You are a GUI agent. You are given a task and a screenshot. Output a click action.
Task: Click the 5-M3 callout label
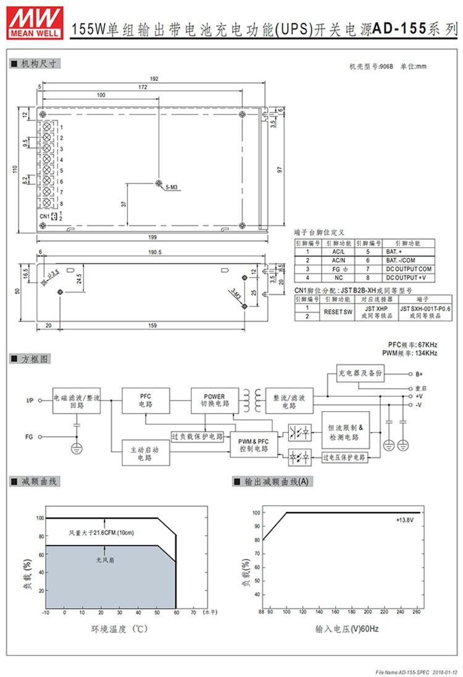tap(173, 185)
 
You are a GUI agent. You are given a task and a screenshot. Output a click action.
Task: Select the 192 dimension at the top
tap(154, 79)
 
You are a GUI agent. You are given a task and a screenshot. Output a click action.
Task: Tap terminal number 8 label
tap(61, 204)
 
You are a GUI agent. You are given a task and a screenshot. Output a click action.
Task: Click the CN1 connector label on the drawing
tap(44, 216)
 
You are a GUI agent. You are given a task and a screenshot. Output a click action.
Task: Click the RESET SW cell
tap(339, 312)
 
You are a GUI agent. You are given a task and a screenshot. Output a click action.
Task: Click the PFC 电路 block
tap(146, 401)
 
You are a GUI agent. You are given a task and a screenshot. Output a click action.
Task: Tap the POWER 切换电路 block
tap(214, 401)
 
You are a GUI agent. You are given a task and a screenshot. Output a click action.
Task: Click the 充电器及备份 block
tap(361, 374)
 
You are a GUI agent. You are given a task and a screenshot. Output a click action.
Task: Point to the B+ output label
tap(419, 374)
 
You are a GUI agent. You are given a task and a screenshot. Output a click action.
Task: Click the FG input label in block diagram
tap(29, 437)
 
